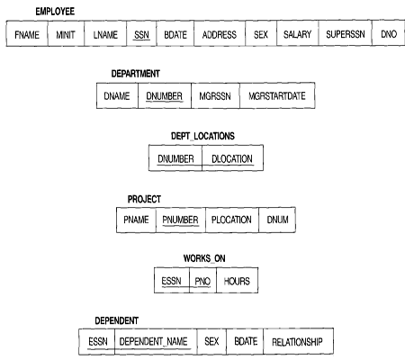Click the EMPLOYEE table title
[x=55, y=12]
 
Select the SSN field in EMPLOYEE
[x=141, y=33]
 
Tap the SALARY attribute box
[x=297, y=33]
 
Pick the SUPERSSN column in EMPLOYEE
[x=346, y=33]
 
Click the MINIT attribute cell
[x=66, y=33]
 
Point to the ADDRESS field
[x=220, y=33]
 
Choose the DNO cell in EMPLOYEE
[x=389, y=33]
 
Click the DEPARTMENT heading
[x=135, y=74]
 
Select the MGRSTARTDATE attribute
[x=277, y=95]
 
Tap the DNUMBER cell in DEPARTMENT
[x=165, y=95]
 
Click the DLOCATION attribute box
[x=232, y=158]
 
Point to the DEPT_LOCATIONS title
[x=202, y=136]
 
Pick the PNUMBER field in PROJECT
[x=181, y=220]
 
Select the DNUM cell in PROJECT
[x=277, y=220]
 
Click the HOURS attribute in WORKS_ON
[x=237, y=281]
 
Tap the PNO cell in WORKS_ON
[x=202, y=281]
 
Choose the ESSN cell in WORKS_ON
[x=172, y=281]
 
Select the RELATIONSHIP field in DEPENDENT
[x=298, y=341]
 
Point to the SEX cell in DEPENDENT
[x=211, y=341]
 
